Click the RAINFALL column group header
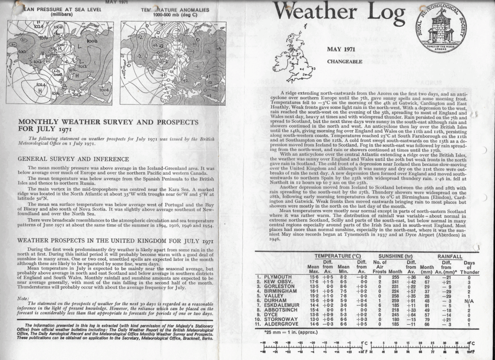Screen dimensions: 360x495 click(450, 256)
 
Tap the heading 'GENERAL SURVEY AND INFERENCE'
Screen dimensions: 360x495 click(73, 159)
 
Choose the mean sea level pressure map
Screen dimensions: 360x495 click(60, 63)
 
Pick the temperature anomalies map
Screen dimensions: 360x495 click(173, 63)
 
